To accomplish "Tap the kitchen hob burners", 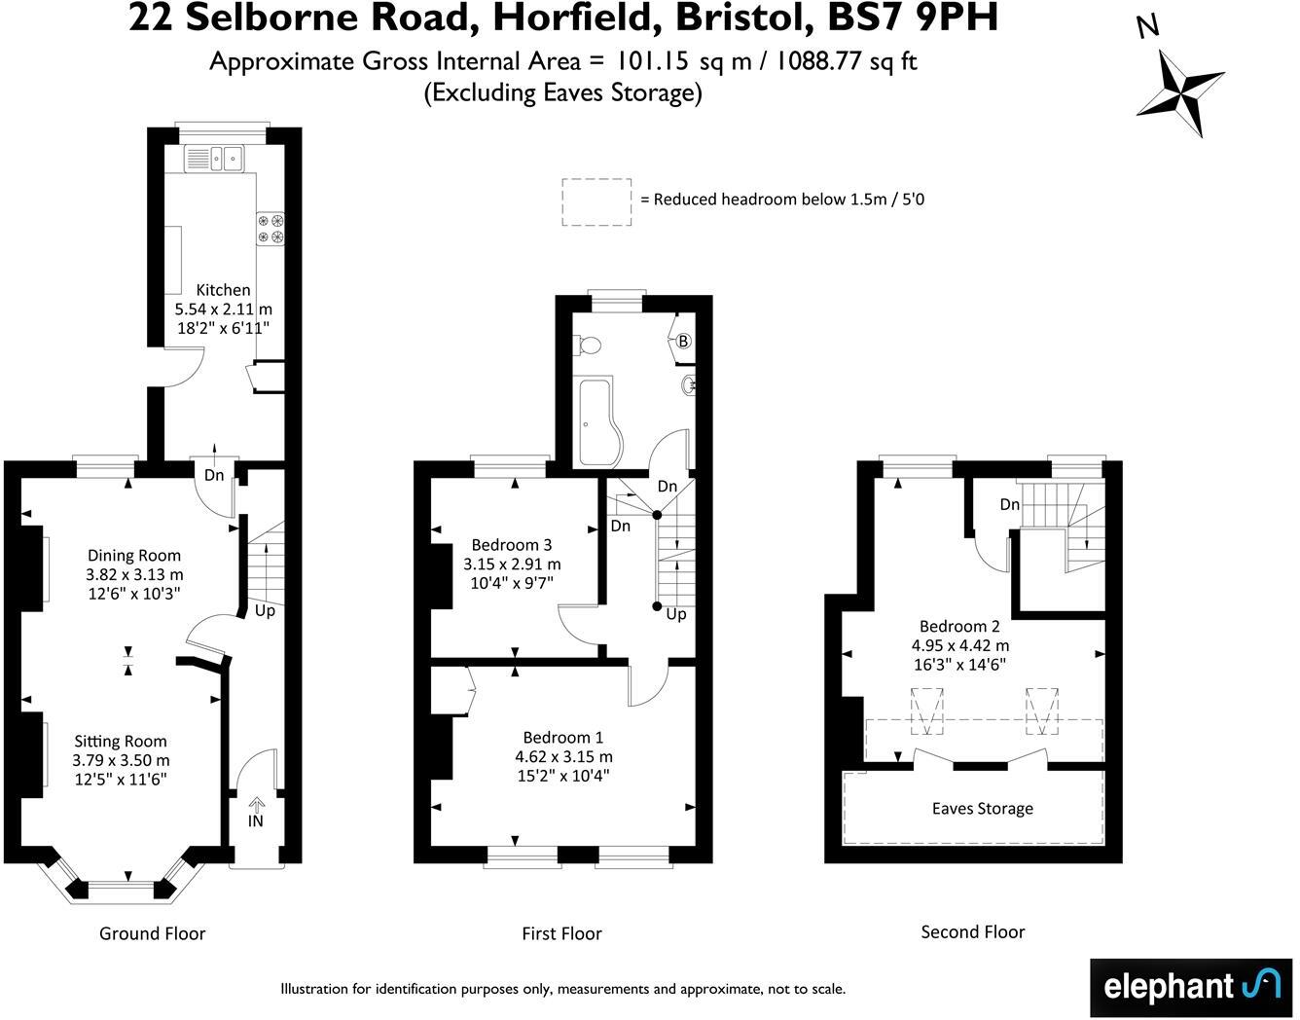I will click(x=271, y=227).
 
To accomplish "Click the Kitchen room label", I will click(x=223, y=289).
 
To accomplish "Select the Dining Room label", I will click(x=134, y=555).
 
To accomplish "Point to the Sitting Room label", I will click(x=121, y=741).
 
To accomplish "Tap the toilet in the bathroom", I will click(x=588, y=345).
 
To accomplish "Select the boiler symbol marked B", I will click(x=683, y=341).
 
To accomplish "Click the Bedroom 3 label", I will click(x=512, y=544).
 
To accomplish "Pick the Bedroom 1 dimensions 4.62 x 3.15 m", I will click(x=563, y=756).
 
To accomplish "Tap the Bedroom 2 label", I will click(x=960, y=626).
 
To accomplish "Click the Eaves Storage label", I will click(x=982, y=808).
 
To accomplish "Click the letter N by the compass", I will click(x=1148, y=27).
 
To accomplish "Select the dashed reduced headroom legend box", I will click(x=596, y=202).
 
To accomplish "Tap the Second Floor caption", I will click(x=972, y=931).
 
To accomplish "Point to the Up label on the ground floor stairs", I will click(x=265, y=611).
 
